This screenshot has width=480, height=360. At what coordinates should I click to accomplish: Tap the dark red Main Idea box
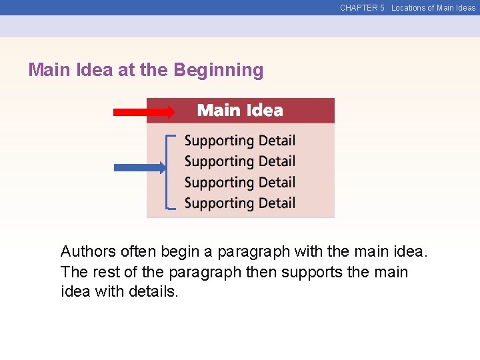click(240, 111)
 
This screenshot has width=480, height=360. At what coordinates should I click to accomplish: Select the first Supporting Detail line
click(239, 141)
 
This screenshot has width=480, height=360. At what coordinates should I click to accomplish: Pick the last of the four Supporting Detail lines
click(239, 203)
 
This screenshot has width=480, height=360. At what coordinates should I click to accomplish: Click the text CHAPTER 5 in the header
click(362, 8)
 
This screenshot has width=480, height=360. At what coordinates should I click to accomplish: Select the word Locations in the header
click(408, 8)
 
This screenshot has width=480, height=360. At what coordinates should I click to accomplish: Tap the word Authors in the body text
click(88, 252)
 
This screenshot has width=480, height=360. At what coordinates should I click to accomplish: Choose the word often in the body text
click(135, 252)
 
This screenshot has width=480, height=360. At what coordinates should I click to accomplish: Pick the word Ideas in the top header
click(465, 8)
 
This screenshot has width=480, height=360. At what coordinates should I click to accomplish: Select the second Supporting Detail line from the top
click(239, 161)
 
